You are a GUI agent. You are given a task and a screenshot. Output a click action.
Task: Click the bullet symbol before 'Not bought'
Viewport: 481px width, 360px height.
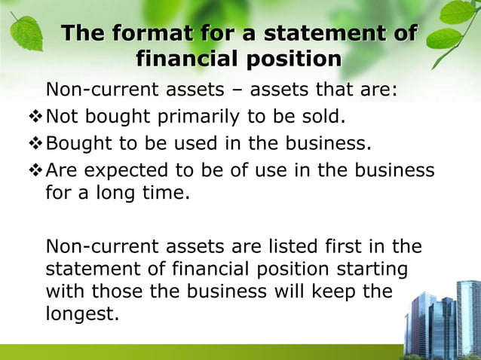pyautogui.click(x=36, y=117)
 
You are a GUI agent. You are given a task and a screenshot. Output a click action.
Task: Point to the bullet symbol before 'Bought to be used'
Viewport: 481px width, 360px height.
pyautogui.click(x=36, y=144)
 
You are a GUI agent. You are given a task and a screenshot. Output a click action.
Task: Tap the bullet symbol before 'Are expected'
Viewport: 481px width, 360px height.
pyautogui.click(x=36, y=170)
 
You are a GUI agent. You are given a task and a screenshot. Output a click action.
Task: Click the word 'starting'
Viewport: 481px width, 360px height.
pyautogui.click(x=374, y=269)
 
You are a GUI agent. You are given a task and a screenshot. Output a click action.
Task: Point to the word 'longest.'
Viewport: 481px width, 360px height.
pyautogui.click(x=82, y=315)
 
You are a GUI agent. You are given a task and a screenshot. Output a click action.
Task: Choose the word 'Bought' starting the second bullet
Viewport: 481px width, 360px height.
pyautogui.click(x=81, y=144)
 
